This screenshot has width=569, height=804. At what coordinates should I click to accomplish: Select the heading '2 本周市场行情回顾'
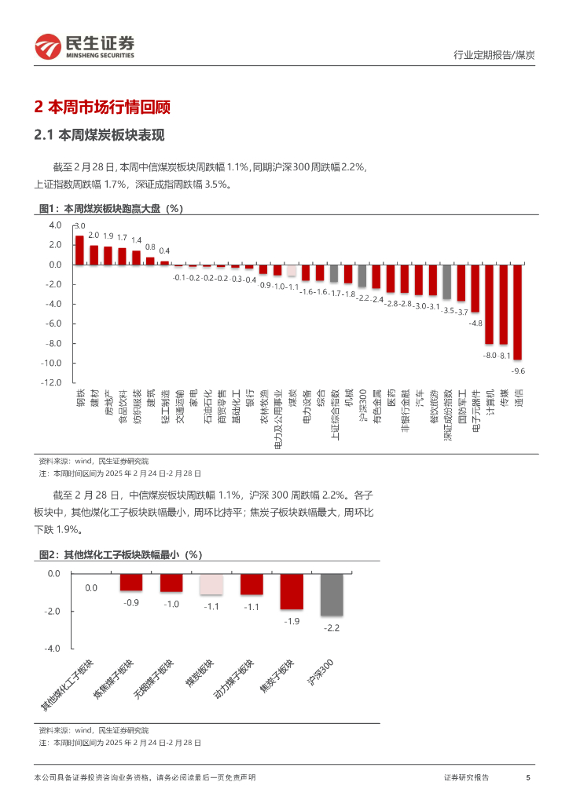click(x=103, y=108)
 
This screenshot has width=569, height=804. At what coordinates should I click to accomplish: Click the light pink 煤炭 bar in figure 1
click(x=292, y=271)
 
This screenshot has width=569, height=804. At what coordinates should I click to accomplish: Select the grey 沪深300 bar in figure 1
click(x=362, y=276)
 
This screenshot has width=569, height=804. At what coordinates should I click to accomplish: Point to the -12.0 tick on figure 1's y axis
click(x=51, y=382)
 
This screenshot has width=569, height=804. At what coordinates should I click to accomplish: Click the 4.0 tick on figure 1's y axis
click(x=55, y=225)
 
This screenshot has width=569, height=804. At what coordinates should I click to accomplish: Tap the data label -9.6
click(x=518, y=370)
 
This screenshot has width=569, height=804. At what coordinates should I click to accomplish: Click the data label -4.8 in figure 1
click(x=475, y=323)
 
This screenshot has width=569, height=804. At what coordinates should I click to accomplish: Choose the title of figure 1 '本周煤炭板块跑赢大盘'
click(x=123, y=209)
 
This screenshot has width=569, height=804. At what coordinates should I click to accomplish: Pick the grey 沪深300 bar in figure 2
click(x=332, y=594)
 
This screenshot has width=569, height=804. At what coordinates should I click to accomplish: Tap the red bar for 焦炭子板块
click(x=292, y=591)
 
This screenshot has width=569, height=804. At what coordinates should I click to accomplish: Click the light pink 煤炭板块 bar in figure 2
click(x=211, y=584)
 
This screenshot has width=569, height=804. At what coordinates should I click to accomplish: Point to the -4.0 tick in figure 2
click(x=52, y=649)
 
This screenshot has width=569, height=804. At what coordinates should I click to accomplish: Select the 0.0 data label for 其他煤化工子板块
click(x=91, y=587)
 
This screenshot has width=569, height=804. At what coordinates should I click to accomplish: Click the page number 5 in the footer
click(x=528, y=777)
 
